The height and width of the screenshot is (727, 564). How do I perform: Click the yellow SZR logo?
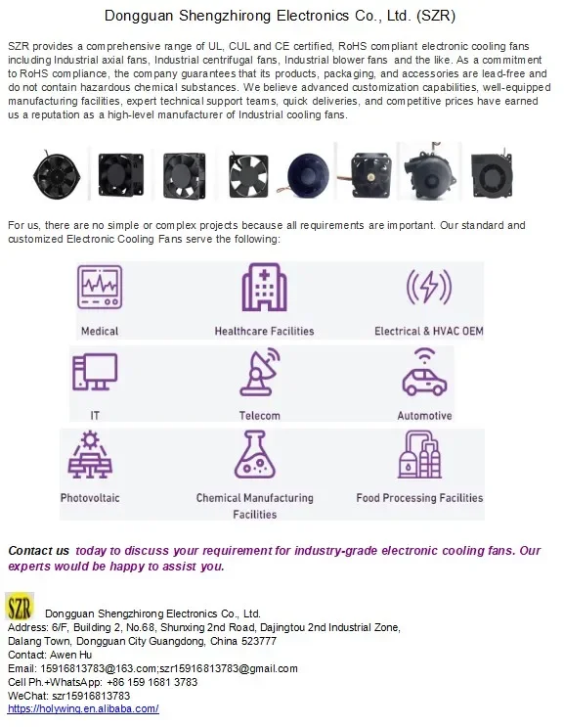pos(20,607)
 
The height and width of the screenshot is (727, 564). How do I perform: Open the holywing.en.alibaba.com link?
pos(83,708)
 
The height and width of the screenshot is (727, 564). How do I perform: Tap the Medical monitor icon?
pos(100,287)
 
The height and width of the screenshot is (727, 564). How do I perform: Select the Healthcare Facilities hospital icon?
pos(264,288)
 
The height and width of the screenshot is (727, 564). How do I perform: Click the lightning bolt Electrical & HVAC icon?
pos(429,286)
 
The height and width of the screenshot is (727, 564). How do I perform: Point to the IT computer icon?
pos(95,372)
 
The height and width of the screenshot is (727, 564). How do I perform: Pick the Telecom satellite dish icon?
pos(260,373)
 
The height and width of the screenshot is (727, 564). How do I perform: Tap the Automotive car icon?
pos(424,373)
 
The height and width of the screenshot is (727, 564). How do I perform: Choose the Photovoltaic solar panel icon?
pos(90,454)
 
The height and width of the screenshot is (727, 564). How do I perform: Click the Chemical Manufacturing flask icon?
pos(255,454)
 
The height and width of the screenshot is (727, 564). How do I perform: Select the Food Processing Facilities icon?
pos(419,454)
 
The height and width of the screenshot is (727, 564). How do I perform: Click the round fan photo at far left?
pos(56,175)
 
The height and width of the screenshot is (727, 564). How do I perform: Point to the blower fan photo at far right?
pos(492,175)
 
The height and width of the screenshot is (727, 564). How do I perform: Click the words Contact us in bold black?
pos(38,551)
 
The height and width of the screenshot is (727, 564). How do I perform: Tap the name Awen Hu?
pos(70,655)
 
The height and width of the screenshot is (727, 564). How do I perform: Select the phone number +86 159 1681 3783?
pos(152,682)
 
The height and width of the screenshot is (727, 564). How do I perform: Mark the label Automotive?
pos(424,416)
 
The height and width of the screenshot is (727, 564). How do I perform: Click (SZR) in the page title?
pos(436,16)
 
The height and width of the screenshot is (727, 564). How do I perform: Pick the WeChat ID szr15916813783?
pos(91,696)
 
